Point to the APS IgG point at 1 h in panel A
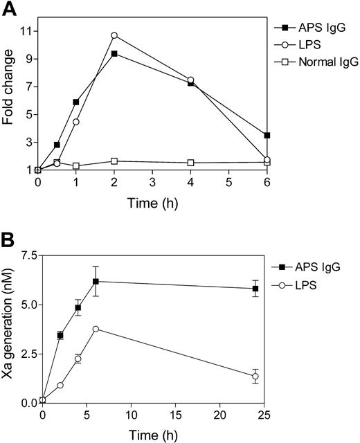tap(76, 102)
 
